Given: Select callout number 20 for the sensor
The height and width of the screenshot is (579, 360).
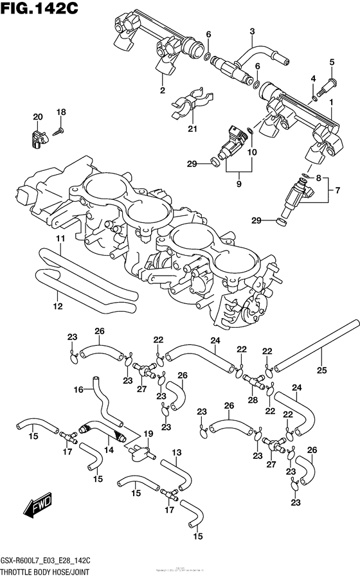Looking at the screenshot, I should (x=38, y=116).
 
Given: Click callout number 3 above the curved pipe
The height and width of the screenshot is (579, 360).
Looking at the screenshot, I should (x=252, y=31).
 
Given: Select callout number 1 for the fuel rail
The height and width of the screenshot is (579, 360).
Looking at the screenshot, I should (x=331, y=102).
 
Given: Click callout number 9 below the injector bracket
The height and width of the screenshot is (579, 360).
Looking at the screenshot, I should (x=239, y=183).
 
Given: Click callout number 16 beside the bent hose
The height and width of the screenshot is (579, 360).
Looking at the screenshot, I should (x=78, y=389).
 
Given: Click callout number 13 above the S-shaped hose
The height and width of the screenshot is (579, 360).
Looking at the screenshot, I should (x=176, y=452).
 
